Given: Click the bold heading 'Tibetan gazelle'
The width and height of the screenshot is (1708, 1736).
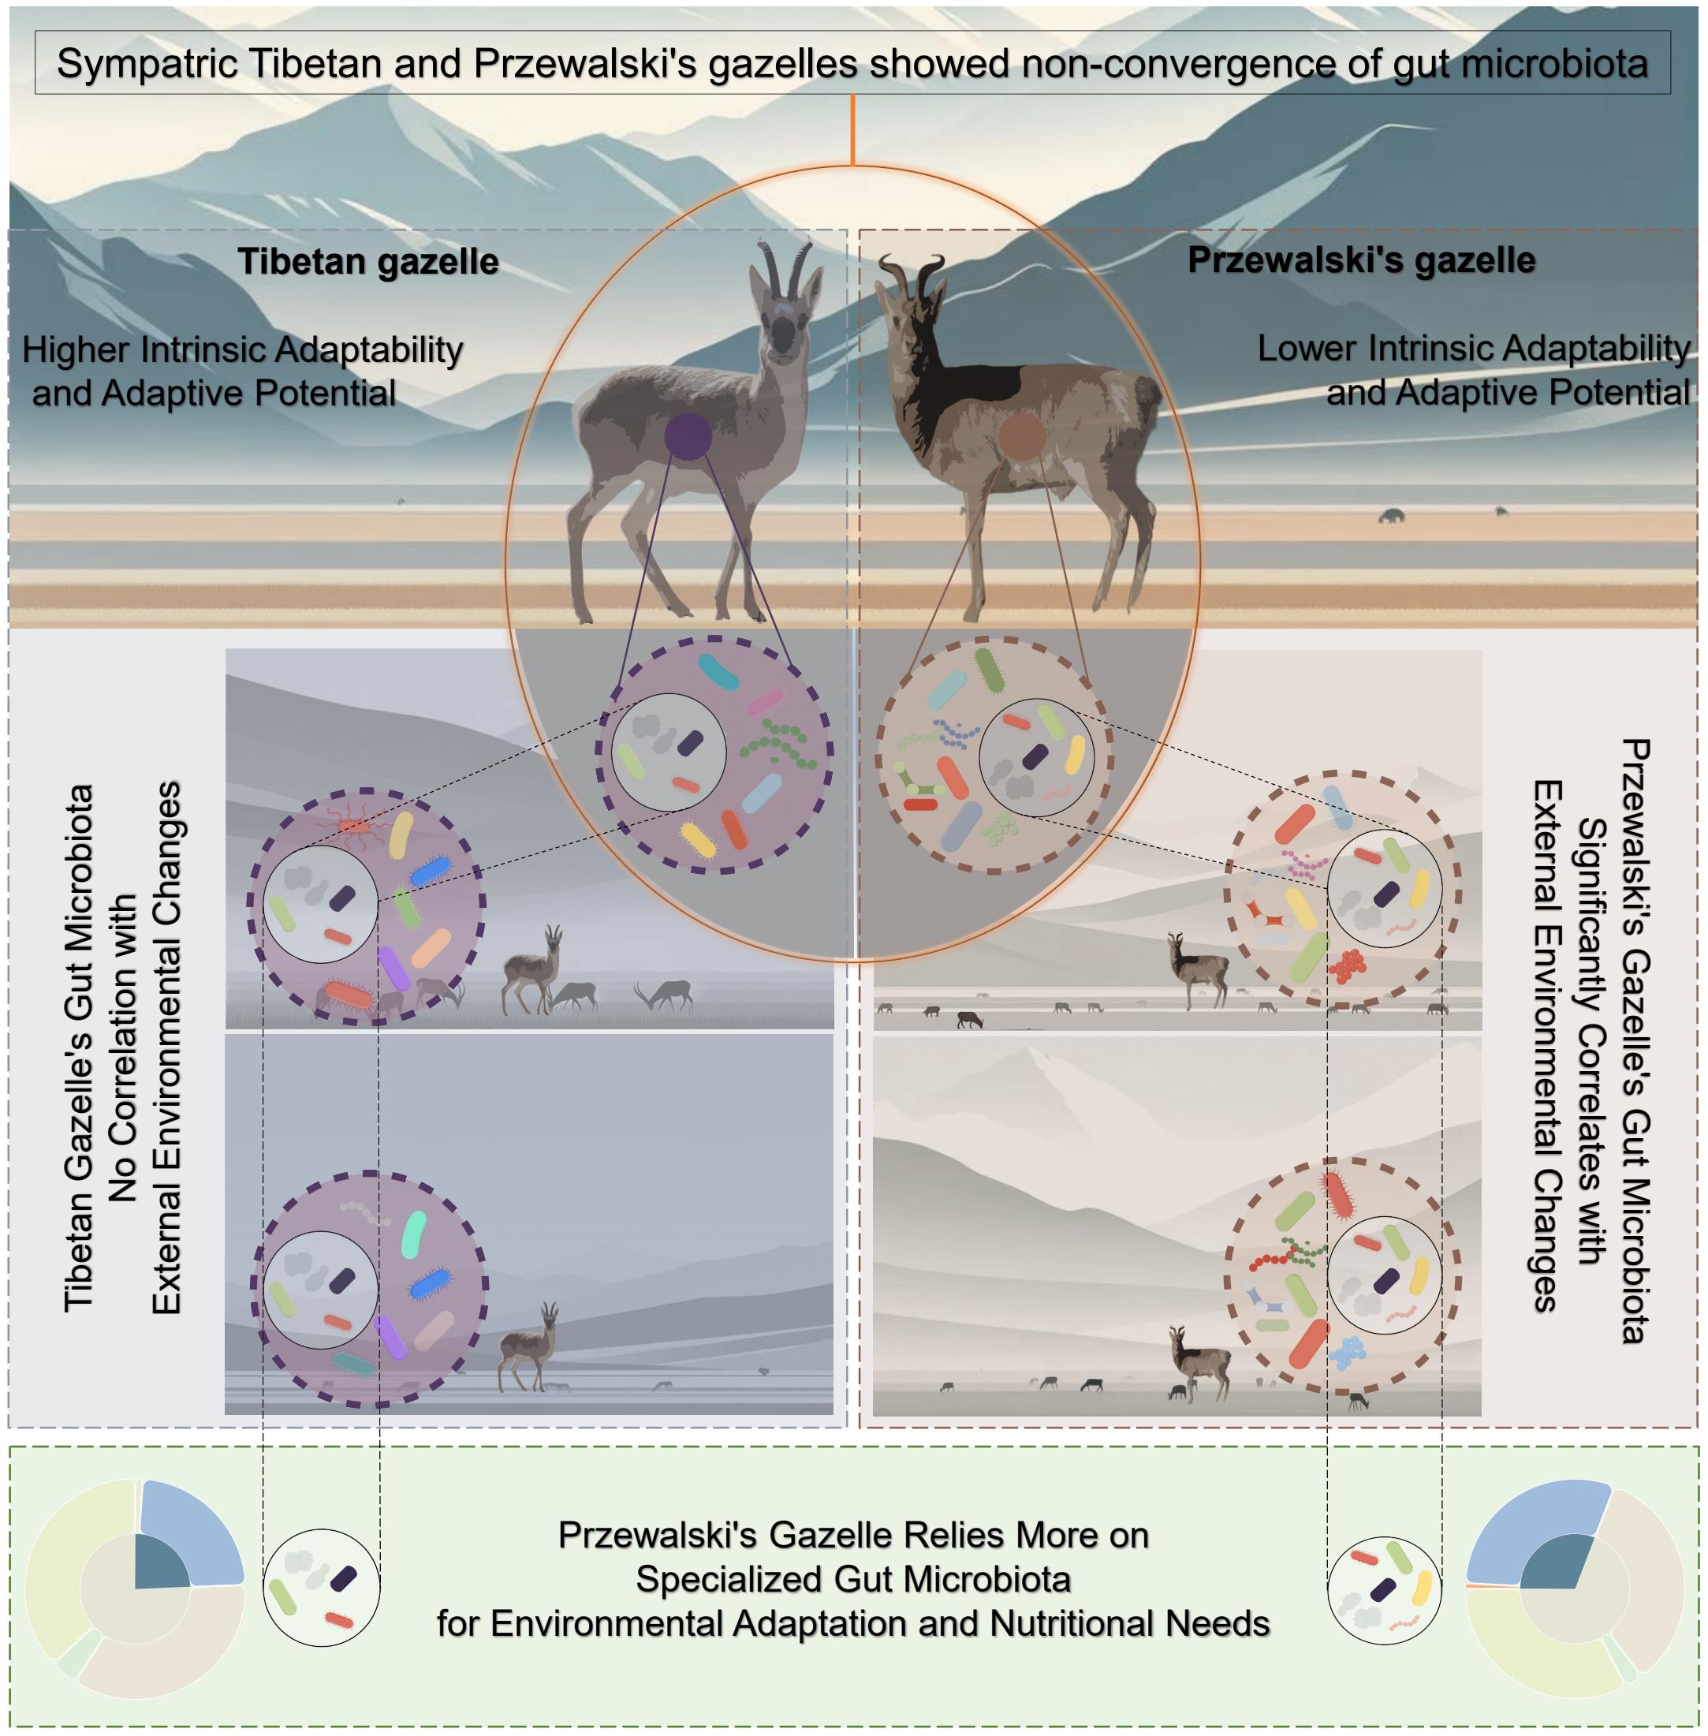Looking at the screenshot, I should (367, 262).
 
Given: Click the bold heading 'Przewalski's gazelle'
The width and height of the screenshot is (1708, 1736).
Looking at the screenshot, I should (1361, 260).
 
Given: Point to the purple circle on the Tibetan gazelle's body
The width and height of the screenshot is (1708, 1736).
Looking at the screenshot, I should (688, 437).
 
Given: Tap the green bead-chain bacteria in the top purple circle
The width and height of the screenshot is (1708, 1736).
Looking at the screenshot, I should (778, 744).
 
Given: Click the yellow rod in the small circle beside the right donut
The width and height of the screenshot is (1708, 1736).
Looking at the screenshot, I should (1422, 1588).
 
